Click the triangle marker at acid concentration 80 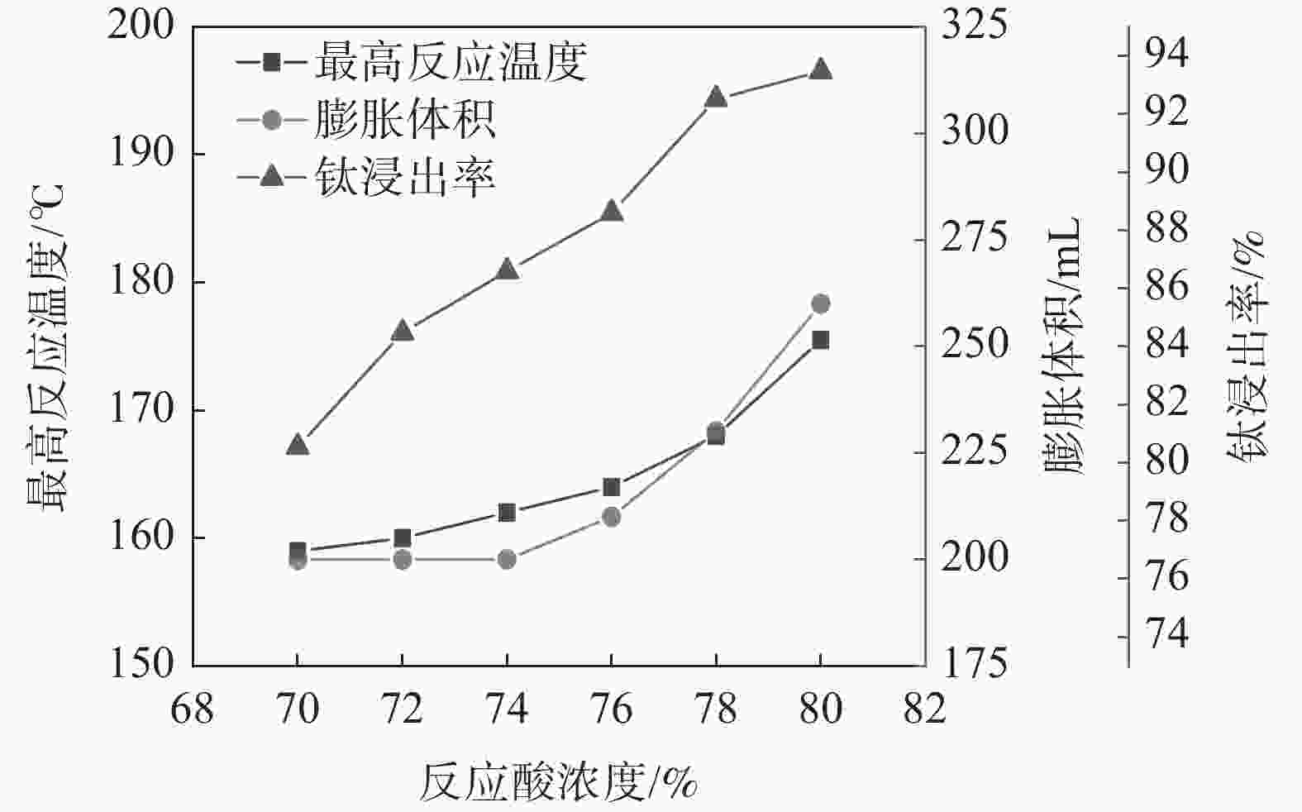(820, 69)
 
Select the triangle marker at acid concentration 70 (298, 445)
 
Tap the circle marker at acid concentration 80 (820, 303)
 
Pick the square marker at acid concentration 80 (820, 340)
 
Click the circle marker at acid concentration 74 (507, 560)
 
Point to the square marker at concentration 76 (611, 487)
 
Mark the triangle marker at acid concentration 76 (611, 211)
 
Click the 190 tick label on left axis (141, 154)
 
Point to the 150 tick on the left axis (141, 664)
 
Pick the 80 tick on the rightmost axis (1166, 461)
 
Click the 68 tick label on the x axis (192, 709)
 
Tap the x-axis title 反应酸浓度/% (559, 782)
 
